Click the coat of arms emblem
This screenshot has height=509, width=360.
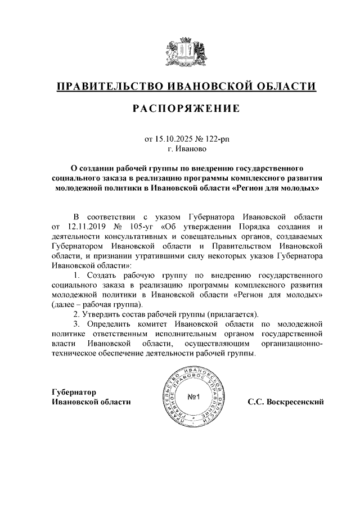186,53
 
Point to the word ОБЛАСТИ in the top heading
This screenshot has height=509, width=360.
285,87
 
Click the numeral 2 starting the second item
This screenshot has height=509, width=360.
75,314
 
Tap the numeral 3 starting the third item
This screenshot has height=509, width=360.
75,324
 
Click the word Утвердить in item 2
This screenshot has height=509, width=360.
102,314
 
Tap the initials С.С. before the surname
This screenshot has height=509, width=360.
255,402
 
